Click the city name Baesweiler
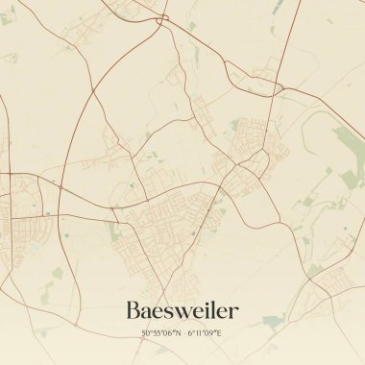pos(182,310)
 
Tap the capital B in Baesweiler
pos(134,310)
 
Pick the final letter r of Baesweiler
pos(232,312)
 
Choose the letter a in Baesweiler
pos(150,312)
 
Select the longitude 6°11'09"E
pos(205,333)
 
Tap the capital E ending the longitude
pos(219,333)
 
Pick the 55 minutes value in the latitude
pos(157,333)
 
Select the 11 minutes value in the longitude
pos(201,333)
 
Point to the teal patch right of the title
pos(274,319)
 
